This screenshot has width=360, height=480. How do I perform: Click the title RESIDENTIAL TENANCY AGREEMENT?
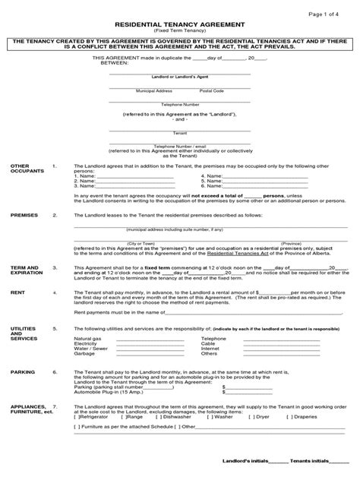(179, 24)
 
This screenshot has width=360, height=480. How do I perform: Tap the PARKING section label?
(22, 372)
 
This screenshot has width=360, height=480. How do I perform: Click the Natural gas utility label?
(87, 338)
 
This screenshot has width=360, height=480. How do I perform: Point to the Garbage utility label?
(84, 354)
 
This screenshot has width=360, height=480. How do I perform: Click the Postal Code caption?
(211, 90)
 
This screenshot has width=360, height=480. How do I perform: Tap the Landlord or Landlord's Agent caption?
(179, 77)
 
